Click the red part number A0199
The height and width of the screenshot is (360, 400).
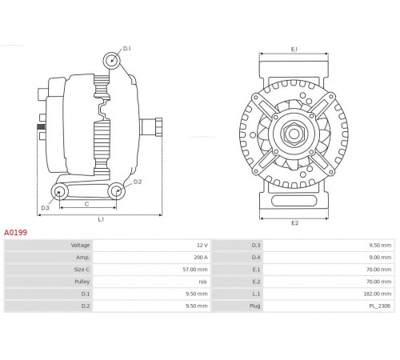[x=15, y=233]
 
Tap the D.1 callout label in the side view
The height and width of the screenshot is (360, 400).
[x=127, y=49]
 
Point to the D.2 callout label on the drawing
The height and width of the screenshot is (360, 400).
[x=138, y=182]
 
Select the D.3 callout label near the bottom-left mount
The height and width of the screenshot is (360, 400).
[x=45, y=208]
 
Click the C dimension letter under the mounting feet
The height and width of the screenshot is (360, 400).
[x=86, y=204]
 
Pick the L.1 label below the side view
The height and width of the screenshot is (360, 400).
[x=101, y=219]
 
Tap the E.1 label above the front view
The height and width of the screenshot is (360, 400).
[x=294, y=50]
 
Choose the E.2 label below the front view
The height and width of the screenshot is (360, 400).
[x=294, y=223]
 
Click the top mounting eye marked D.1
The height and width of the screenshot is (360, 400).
[x=112, y=61]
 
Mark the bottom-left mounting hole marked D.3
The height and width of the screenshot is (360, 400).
[x=59, y=192]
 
